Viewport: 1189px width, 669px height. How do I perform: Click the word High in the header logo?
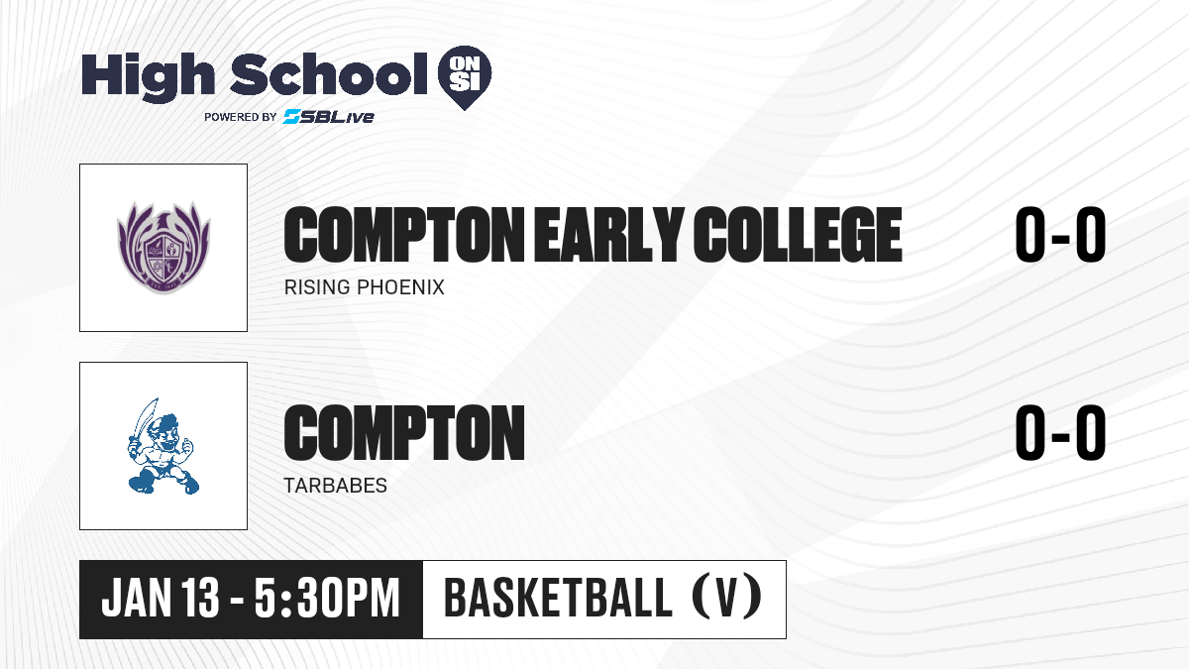(149, 76)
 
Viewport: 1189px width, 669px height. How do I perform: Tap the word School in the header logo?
(329, 74)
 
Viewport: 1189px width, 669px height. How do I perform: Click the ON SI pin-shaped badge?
(465, 77)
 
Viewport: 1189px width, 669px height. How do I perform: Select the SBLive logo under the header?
(329, 116)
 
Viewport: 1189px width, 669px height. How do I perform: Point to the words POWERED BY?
(241, 117)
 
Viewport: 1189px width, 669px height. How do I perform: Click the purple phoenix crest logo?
(163, 248)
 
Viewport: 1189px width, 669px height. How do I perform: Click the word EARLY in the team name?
(608, 235)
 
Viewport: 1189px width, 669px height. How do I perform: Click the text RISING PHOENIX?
(365, 287)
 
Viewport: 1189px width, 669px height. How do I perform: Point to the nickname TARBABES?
(336, 486)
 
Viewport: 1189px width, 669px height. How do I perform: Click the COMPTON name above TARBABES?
(404, 433)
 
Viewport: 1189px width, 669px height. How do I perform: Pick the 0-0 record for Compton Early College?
(1060, 235)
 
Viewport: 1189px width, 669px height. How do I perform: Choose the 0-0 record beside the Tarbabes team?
(1060, 433)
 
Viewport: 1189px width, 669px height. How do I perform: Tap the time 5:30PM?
(327, 599)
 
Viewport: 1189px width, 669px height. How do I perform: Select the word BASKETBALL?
(558, 598)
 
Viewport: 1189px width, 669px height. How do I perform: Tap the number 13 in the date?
(200, 599)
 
